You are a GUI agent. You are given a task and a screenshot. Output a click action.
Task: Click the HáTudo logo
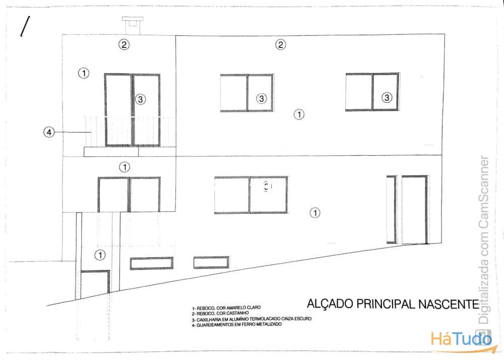pos(461,340)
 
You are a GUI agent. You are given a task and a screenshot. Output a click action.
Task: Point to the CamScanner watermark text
pos(484,239)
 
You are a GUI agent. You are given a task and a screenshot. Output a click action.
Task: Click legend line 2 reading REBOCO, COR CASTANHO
pos(221,313)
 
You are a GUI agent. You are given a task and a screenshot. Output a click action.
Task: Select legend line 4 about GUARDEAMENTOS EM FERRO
pos(237,325)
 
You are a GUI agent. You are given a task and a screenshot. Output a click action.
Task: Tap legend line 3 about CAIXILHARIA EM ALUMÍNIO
pos(251,319)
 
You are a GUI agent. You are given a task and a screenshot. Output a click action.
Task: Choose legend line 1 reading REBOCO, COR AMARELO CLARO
pos(226,308)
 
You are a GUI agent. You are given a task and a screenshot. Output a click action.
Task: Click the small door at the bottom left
pos(95,283)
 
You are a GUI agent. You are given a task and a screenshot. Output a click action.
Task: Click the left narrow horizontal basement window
pos(151,263)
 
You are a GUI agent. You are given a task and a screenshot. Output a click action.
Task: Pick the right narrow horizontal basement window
pos(211,262)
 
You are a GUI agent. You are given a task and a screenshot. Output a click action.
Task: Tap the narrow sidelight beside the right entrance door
pos(391,209)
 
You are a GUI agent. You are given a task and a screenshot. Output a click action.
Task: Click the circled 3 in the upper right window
pos(387,97)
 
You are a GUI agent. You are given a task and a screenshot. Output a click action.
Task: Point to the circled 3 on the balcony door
pos(140,99)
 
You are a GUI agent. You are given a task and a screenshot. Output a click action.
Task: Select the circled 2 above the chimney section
pos(124,44)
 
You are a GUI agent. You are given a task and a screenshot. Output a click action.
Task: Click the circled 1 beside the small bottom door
pos(100,255)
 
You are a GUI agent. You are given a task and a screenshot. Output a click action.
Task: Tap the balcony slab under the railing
pos(130,152)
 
